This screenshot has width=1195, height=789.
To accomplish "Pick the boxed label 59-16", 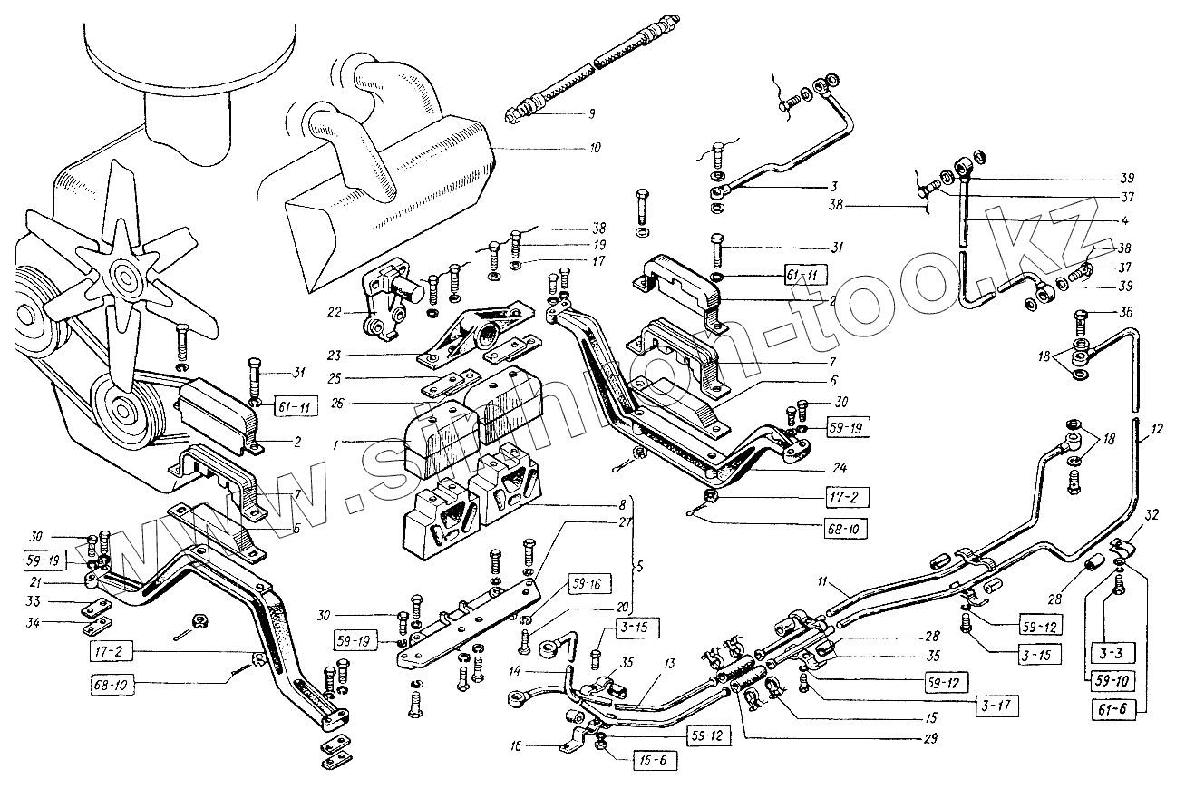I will click(x=588, y=584).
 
